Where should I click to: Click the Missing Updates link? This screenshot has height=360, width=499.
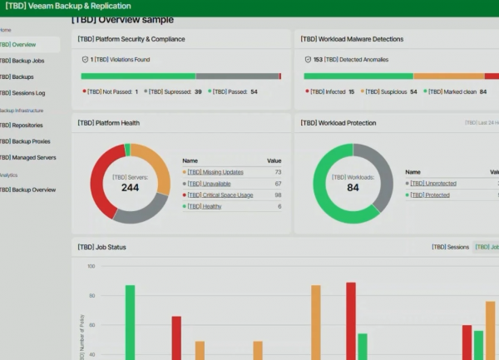pos(215,171)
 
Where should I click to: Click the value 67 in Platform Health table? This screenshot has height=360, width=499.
pos(278,183)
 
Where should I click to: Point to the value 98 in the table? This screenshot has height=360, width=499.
pos(278,195)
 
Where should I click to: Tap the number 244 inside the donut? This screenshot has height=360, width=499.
pos(130,188)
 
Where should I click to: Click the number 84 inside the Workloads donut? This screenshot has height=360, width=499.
pos(353,188)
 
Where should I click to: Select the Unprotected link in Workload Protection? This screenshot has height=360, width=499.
pos(433,183)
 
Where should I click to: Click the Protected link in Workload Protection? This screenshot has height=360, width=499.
pos(430,195)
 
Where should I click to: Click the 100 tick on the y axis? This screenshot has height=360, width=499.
pos(91,267)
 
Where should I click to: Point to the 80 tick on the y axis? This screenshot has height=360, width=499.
pos(91,296)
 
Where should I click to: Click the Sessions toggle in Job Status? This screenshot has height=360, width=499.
pos(450,247)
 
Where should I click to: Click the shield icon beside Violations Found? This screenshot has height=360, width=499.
pos(85,59)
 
